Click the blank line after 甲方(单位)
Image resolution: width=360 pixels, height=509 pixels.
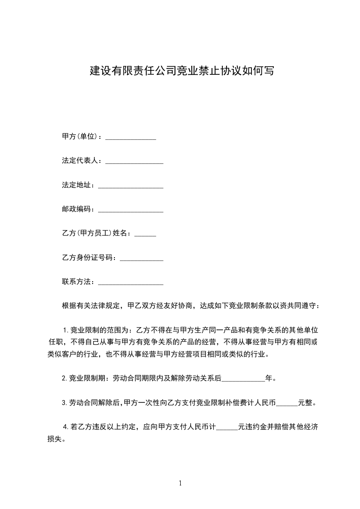click(131, 137)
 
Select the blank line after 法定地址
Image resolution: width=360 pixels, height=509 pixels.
click(131, 186)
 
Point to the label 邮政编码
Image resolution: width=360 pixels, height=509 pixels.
click(77, 210)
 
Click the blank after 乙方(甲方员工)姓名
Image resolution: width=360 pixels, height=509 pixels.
click(146, 234)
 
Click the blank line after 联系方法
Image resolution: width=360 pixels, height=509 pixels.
click(131, 282)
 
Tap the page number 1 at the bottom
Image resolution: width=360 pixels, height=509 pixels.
click(180, 484)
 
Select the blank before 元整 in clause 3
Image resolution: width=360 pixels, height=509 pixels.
click(287, 402)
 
